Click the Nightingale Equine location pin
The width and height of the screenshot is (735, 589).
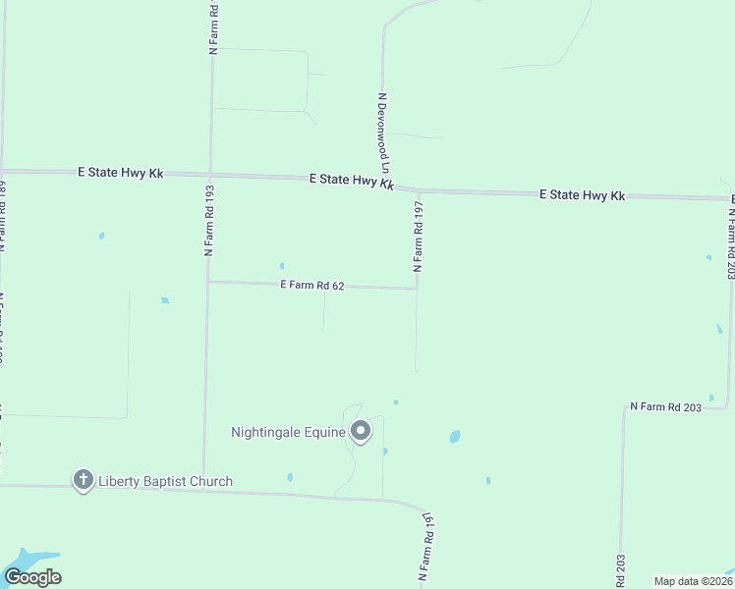coord(361,430)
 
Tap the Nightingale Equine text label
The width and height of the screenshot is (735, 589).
coord(288,432)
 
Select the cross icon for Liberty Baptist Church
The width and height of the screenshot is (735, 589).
coord(84,480)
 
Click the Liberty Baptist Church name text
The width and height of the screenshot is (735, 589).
coord(165,481)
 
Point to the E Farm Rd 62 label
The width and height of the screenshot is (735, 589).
coord(312,286)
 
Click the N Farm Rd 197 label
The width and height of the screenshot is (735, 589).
coord(419,235)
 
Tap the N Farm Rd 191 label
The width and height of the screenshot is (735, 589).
coord(426,546)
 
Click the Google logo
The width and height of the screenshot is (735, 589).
coord(32,576)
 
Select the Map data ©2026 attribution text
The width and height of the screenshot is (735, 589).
coord(693,581)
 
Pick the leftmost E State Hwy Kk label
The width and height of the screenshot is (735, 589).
coord(120,172)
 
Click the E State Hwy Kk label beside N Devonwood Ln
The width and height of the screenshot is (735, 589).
coord(351,181)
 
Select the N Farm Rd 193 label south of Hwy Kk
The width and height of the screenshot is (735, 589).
coord(209,220)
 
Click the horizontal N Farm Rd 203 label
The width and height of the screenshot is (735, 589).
coord(665,405)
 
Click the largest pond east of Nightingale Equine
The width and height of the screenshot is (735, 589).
coord(454,436)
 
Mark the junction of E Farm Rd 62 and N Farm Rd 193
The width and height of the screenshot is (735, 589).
coord(208,282)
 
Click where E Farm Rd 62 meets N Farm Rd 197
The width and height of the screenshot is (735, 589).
coord(417,289)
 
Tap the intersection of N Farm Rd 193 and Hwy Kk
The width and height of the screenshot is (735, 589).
coord(208,174)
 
